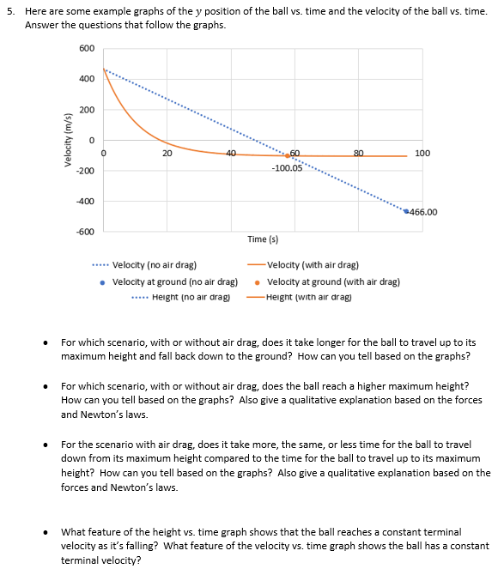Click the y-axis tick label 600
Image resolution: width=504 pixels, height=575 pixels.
click(87, 48)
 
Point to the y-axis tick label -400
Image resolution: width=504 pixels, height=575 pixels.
click(85, 202)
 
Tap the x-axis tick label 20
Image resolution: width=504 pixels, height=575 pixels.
click(167, 153)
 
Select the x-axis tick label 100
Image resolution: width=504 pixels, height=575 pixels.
click(422, 153)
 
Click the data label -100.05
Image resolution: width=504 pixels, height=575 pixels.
click(287, 168)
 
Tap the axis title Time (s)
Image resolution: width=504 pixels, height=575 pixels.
click(262, 239)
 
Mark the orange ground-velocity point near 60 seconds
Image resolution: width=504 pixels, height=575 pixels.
click(288, 156)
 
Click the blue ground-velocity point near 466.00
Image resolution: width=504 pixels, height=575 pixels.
click(406, 211)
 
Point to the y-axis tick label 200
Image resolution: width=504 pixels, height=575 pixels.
click(87, 110)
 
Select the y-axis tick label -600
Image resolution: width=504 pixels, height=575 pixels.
click(85, 233)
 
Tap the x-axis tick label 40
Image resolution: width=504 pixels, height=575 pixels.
click(232, 153)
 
